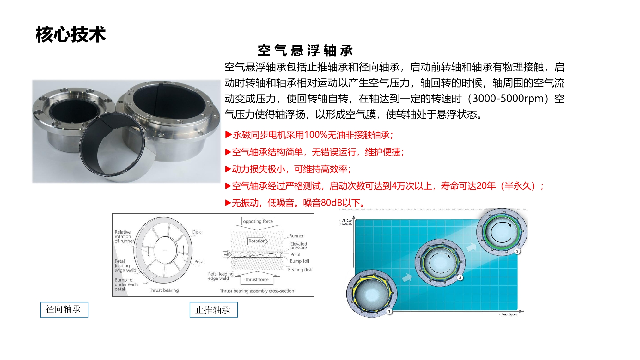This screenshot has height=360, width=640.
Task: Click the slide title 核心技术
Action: click(x=71, y=34)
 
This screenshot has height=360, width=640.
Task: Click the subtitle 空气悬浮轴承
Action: click(x=305, y=51)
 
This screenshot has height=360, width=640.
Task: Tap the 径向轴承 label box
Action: click(x=64, y=310)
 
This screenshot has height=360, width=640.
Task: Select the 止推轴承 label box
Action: click(x=214, y=310)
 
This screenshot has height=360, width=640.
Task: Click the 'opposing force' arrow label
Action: click(x=258, y=221)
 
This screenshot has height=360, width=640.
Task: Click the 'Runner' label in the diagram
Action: click(x=296, y=236)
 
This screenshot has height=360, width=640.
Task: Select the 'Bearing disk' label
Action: click(x=300, y=270)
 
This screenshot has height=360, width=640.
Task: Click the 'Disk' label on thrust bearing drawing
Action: click(x=197, y=232)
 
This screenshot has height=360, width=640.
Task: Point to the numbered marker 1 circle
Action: click(x=389, y=311)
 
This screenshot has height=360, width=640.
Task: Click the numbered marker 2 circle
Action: click(x=460, y=278)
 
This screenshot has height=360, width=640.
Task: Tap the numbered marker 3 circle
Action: click(x=517, y=251)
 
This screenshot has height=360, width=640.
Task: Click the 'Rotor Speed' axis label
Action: click(x=509, y=314)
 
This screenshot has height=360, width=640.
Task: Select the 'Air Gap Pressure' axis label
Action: click(x=346, y=222)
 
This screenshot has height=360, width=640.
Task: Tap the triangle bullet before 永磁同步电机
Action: click(x=229, y=135)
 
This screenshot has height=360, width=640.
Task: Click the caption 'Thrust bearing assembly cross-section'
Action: click(x=257, y=291)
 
